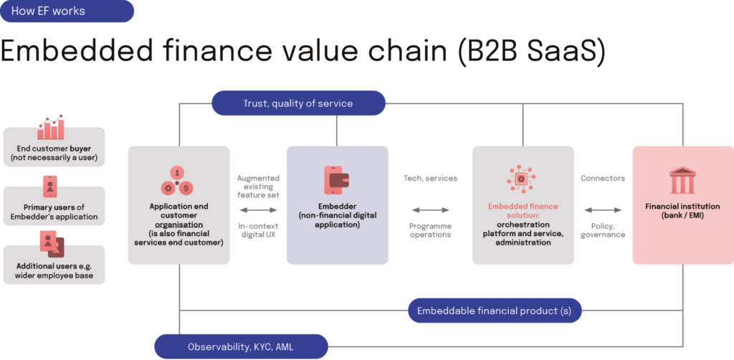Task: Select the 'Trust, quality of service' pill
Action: (297, 103)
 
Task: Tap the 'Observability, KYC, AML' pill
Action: (241, 346)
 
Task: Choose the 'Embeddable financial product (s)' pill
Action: (495, 311)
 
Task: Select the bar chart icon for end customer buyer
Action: (52, 128)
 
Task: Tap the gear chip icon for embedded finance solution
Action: (523, 179)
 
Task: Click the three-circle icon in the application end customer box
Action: (176, 181)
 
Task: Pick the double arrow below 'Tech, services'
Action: (431, 210)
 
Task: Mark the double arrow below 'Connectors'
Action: (603, 210)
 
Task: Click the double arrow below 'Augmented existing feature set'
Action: (257, 210)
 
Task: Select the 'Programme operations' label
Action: (431, 230)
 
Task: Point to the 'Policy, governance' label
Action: (603, 230)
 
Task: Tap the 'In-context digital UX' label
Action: (257, 230)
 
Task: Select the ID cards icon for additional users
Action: (52, 244)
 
